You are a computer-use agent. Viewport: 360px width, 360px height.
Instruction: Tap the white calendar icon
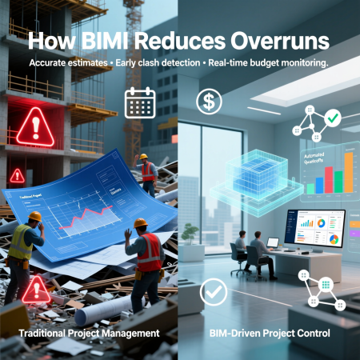pyautogui.click(x=138, y=102)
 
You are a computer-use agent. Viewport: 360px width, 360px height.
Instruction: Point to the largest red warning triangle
pyautogui.click(x=34, y=126)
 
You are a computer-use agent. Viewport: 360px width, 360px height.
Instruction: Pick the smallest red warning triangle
pyautogui.click(x=17, y=174)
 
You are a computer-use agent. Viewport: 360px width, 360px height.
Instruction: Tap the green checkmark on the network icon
pyautogui.click(x=334, y=117)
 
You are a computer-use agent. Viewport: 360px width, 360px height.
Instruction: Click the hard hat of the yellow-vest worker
pyautogui.click(x=34, y=217)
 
